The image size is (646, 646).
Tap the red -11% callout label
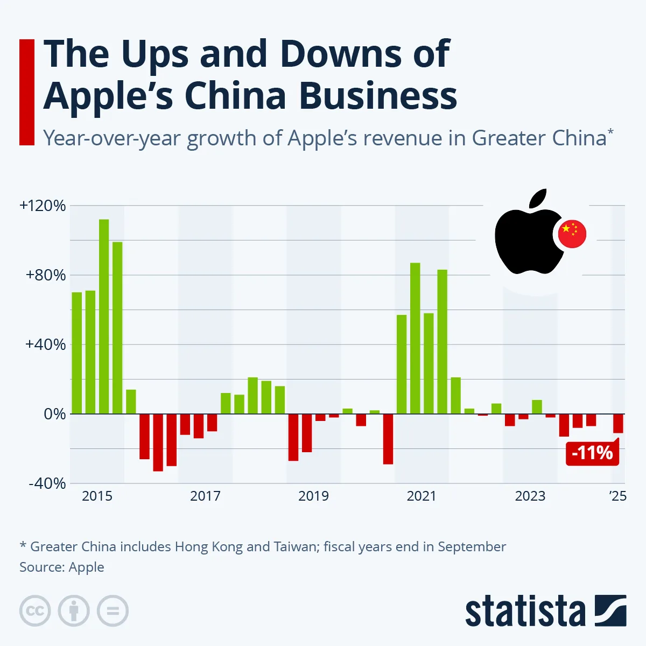(592, 453)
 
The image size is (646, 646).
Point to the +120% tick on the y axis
(43, 206)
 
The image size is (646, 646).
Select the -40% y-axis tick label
(47, 483)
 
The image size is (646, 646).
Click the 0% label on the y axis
(54, 414)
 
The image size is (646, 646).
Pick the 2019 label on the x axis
(313, 496)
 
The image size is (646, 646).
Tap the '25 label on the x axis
(618, 496)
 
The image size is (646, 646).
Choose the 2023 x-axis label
(530, 496)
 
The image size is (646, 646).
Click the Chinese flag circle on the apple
(572, 234)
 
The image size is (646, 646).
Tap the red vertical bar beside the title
(27, 92)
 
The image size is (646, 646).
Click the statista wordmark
(525, 612)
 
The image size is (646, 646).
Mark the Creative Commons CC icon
(35, 611)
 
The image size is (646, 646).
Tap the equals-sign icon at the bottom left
(113, 611)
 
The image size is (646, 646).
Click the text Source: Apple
(62, 567)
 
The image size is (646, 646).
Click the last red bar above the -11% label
(618, 423)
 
